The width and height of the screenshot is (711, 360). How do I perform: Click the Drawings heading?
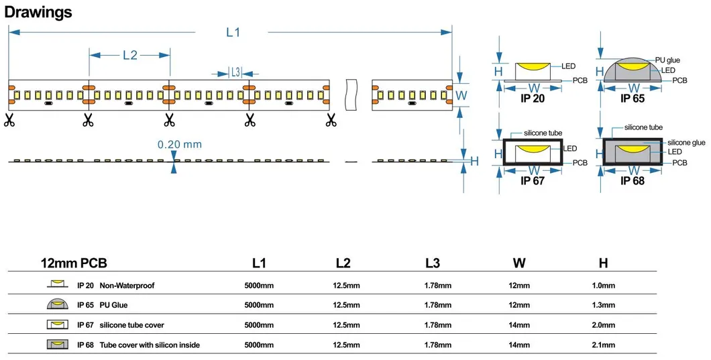38,12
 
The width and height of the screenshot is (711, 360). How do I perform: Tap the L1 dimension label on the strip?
233,33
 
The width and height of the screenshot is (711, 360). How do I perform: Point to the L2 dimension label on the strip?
129,55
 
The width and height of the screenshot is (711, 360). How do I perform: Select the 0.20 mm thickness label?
179,144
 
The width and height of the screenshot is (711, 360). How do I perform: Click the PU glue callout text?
667,60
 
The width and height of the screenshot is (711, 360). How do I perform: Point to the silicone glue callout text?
686,143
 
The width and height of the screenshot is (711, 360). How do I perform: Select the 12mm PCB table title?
74,263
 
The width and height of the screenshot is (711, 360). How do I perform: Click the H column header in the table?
603,263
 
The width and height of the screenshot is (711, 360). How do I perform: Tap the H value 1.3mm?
603,305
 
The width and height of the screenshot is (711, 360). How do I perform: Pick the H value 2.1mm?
603,345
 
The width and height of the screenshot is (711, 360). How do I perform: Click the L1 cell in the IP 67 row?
259,325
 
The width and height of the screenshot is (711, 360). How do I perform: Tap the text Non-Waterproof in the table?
127,286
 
